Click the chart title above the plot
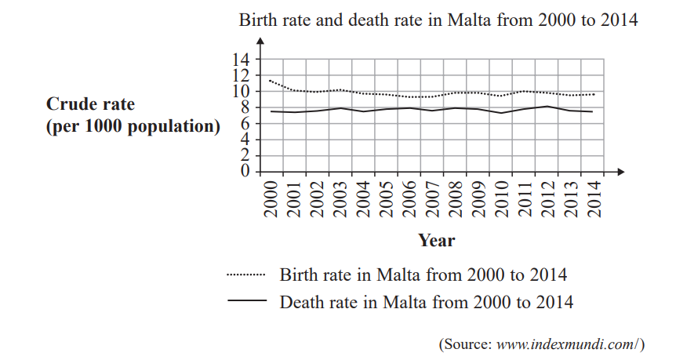click(438, 21)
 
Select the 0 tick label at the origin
click(245, 171)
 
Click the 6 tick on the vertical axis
click(245, 123)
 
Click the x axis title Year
click(436, 240)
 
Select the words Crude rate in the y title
click(91, 104)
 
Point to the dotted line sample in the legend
click(246, 275)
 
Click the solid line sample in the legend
click(246, 301)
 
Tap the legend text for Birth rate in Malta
click(423, 275)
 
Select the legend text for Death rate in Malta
click(427, 301)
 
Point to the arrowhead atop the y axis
click(261, 40)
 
